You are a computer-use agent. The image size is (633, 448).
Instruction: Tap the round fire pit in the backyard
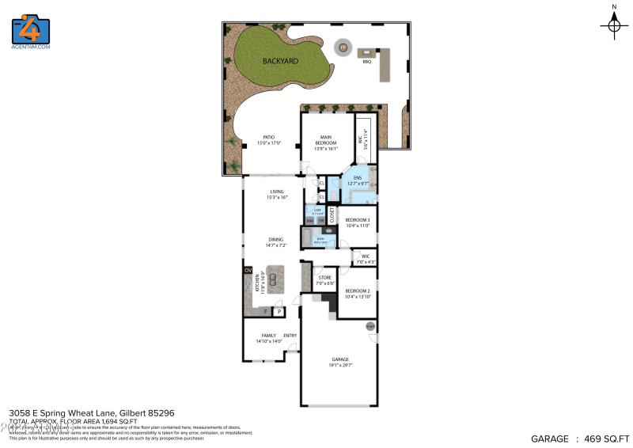[343, 47]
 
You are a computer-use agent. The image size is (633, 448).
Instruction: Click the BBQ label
[366, 61]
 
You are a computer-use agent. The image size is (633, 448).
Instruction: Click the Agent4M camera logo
[31, 29]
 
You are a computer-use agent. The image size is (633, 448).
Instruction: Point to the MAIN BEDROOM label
[327, 142]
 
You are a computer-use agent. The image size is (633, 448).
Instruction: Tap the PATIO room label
[269, 140]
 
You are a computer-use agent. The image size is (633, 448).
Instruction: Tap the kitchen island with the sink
[275, 279]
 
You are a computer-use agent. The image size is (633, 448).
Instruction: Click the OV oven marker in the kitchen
[248, 271]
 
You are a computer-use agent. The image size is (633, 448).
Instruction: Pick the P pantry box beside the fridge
[279, 312]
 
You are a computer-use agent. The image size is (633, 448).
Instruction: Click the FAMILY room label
[268, 336]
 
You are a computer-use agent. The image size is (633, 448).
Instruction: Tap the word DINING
[275, 240]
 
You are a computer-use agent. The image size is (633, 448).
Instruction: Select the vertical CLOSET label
[332, 215]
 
